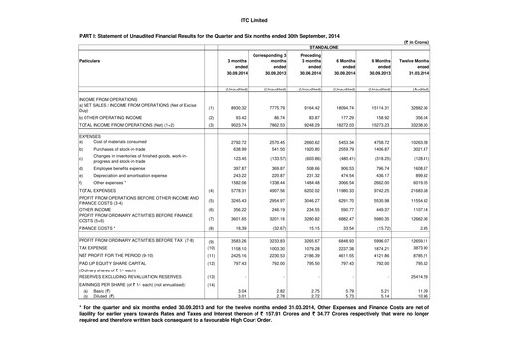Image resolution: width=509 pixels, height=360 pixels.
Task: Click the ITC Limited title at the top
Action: pyautogui.click(x=254, y=8)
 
